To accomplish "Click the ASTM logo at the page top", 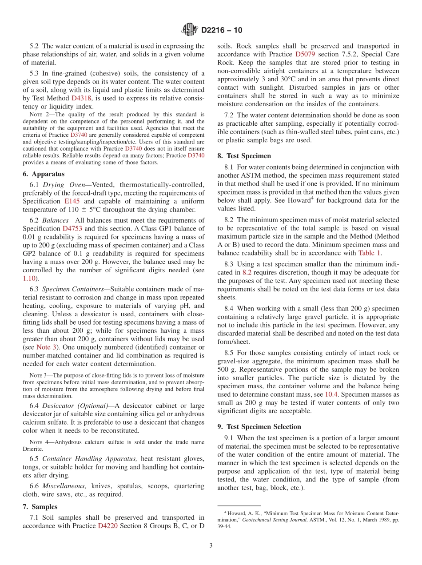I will (x=190, y=30).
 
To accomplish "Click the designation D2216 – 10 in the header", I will (x=222, y=30).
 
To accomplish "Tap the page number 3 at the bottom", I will (x=211, y=545).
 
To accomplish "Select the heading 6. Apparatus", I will (x=44, y=174).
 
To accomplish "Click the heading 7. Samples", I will (x=40, y=507).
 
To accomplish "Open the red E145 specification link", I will (x=72, y=201).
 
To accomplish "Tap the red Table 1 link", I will (x=370, y=253).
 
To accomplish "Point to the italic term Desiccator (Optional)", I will (x=75, y=406).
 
